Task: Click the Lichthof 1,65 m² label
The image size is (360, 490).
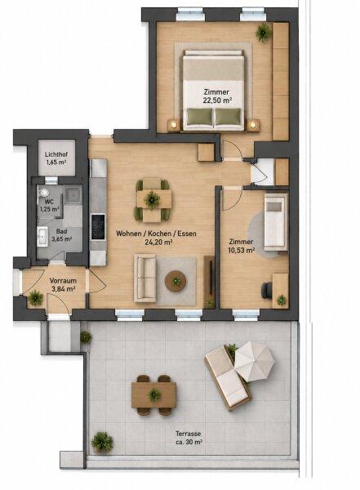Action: click(x=56, y=158)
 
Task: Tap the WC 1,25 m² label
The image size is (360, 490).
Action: click(x=49, y=205)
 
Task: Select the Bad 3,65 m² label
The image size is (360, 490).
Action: click(x=61, y=235)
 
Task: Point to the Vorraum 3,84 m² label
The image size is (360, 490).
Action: click(x=63, y=285)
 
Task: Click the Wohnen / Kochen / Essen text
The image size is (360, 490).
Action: click(x=156, y=234)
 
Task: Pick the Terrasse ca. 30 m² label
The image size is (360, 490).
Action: click(x=189, y=438)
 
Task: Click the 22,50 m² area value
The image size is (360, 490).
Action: click(x=217, y=100)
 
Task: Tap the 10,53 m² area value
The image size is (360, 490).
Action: click(x=242, y=250)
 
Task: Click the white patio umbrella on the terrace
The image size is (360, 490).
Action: click(x=254, y=361)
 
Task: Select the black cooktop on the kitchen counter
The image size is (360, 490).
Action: click(x=98, y=227)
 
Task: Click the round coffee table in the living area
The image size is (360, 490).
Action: click(x=176, y=281)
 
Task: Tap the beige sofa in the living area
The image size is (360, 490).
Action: click(x=145, y=278)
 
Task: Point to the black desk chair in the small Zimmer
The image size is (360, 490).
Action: click(x=266, y=291)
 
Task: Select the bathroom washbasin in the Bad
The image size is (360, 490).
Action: click(x=42, y=237)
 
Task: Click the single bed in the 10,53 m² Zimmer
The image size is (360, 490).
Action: click(x=276, y=222)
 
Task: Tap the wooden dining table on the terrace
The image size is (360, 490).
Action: click(x=153, y=395)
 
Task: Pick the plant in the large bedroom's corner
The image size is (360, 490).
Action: click(x=263, y=32)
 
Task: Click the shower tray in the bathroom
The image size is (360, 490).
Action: click(x=73, y=194)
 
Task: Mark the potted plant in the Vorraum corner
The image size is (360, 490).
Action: click(x=35, y=298)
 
